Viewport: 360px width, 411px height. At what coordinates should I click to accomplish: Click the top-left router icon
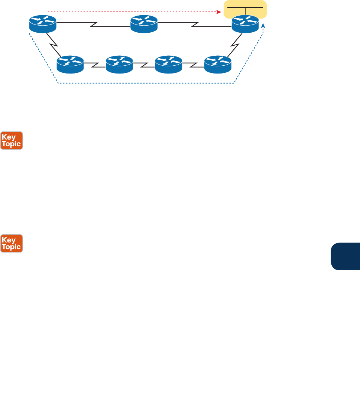coord(43,23)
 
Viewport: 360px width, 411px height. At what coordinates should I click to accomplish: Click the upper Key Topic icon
coord(12,140)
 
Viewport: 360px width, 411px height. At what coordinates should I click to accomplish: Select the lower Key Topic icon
coord(12,244)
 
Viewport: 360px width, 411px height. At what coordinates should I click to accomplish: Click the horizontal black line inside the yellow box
coord(245,7)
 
